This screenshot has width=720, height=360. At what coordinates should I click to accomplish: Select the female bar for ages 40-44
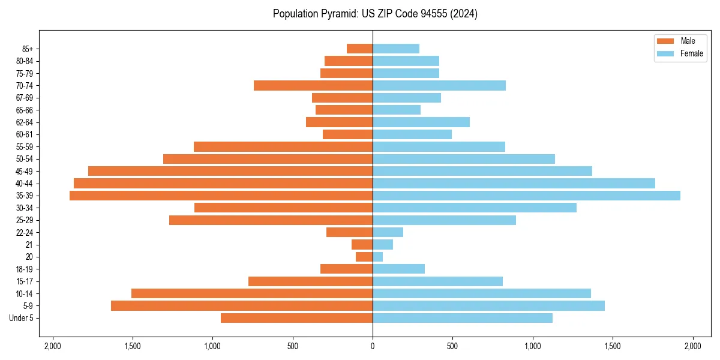point(514,183)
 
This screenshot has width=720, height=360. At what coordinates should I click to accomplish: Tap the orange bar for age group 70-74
point(313,85)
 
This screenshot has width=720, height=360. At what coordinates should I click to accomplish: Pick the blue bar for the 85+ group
point(396,49)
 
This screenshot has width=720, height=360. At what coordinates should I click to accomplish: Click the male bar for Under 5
point(296,318)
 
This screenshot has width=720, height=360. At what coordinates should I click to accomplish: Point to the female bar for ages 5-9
point(488,306)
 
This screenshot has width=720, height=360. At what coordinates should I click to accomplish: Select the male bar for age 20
point(364,257)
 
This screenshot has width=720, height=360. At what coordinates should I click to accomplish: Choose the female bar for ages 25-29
point(444,220)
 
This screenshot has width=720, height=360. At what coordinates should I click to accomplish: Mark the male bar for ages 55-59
point(283,146)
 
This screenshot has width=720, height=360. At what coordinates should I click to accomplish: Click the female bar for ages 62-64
point(421,122)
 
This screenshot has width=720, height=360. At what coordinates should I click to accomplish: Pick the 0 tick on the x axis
point(373,346)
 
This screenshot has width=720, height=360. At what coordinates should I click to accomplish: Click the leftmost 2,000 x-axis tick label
point(52,346)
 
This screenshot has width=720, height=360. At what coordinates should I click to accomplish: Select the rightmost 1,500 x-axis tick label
point(613,346)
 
